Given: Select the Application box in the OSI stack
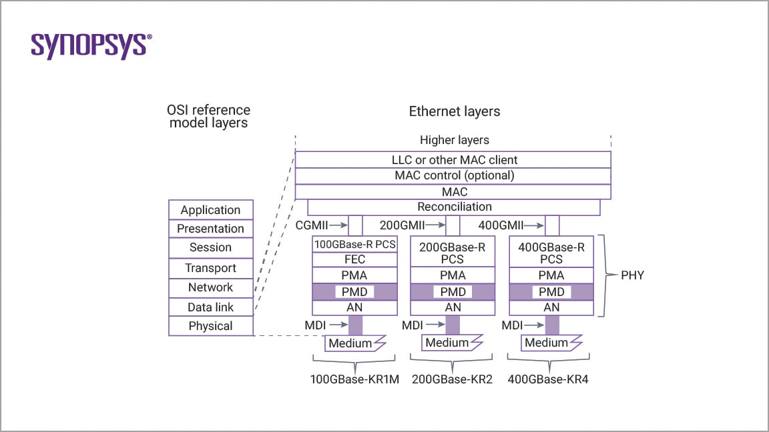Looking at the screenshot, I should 210,209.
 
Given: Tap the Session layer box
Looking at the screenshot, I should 210,247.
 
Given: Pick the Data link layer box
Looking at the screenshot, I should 210,307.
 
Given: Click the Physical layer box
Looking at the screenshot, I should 210,326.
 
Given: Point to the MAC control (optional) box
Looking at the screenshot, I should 453,175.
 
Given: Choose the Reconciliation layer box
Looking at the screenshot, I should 454,207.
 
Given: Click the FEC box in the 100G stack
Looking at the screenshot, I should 354,259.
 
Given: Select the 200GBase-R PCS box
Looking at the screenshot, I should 453,252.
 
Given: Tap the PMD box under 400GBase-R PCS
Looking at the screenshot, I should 551,292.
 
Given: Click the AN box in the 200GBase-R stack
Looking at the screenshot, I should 453,307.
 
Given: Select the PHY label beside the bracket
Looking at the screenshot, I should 632,275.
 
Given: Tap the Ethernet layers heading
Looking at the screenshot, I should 454,111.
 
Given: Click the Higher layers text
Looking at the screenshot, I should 454,140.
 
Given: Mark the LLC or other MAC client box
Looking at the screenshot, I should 453,159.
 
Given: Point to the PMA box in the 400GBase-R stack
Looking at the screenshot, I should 551,275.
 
